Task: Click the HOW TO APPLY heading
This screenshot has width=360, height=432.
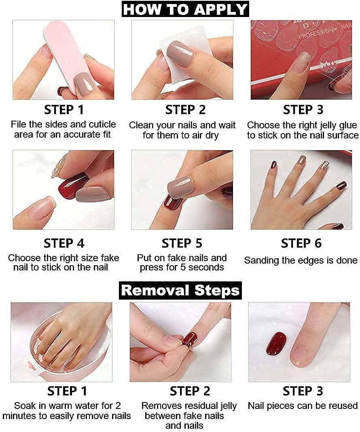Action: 185,9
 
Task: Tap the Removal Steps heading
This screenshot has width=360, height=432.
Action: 180,290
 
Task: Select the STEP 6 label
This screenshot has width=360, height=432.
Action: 301,243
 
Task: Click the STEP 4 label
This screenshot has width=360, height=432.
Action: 64,243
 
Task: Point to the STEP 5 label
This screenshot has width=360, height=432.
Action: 182,243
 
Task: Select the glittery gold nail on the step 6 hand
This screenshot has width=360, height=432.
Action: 324,164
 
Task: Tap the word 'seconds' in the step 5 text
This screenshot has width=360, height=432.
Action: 206,267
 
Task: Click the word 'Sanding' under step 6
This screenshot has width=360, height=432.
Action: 260,260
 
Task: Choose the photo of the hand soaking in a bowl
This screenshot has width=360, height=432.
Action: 61,342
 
